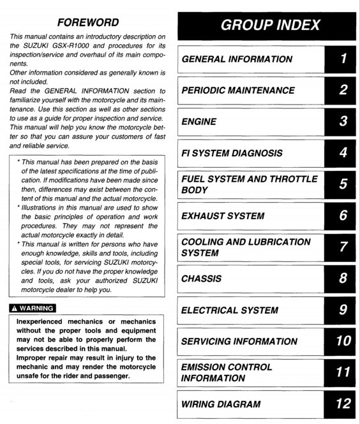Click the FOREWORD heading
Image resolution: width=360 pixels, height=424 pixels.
(87, 22)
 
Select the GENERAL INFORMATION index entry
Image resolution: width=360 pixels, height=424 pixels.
(237, 59)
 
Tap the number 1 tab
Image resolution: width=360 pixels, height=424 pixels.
(343, 59)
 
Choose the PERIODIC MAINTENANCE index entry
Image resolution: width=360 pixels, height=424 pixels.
(238, 91)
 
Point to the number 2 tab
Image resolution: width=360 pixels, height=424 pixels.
(343, 91)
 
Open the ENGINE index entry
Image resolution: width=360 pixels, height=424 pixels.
(199, 122)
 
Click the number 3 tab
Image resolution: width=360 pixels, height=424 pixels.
(343, 122)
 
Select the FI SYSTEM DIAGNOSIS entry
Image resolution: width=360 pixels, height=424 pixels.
(232, 153)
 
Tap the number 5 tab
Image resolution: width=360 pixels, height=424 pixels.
(343, 184)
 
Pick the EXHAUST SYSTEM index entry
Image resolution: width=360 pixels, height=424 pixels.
(223, 216)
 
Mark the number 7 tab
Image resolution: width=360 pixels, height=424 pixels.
(343, 247)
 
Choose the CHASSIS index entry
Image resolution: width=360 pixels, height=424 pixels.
(202, 279)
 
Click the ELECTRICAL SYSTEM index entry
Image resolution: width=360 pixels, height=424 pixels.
(230, 311)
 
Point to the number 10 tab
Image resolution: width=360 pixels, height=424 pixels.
(343, 341)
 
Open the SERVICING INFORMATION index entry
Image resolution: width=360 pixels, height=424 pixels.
(239, 341)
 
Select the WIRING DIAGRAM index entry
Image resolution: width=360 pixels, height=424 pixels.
(221, 404)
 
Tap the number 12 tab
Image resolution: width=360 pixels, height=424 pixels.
(343, 404)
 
